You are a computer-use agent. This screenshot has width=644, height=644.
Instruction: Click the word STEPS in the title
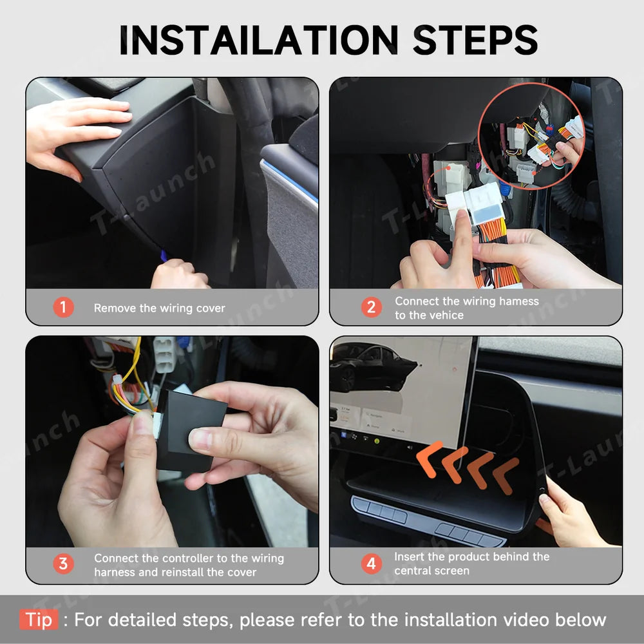coord(475,39)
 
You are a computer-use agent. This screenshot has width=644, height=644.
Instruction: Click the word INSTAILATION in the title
coord(259,39)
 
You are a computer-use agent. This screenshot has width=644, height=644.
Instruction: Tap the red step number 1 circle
coord(63,307)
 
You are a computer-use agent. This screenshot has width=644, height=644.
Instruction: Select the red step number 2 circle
coord(372,307)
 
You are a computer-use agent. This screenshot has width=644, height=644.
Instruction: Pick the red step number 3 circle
coord(63,564)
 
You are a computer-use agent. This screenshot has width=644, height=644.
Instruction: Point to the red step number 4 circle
coord(372,564)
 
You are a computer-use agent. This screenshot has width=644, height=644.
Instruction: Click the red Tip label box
coord(39,620)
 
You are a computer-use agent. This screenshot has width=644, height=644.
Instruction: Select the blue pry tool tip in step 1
coord(164,256)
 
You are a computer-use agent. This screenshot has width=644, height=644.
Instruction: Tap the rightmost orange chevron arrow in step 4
coord(506,476)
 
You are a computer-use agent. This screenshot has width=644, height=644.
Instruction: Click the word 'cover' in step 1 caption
coord(211,308)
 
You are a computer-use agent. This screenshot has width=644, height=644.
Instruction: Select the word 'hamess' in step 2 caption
coord(518,301)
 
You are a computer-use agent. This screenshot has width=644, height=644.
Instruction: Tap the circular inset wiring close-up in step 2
coord(532,135)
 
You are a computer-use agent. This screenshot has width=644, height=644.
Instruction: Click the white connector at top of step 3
coord(164,354)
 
